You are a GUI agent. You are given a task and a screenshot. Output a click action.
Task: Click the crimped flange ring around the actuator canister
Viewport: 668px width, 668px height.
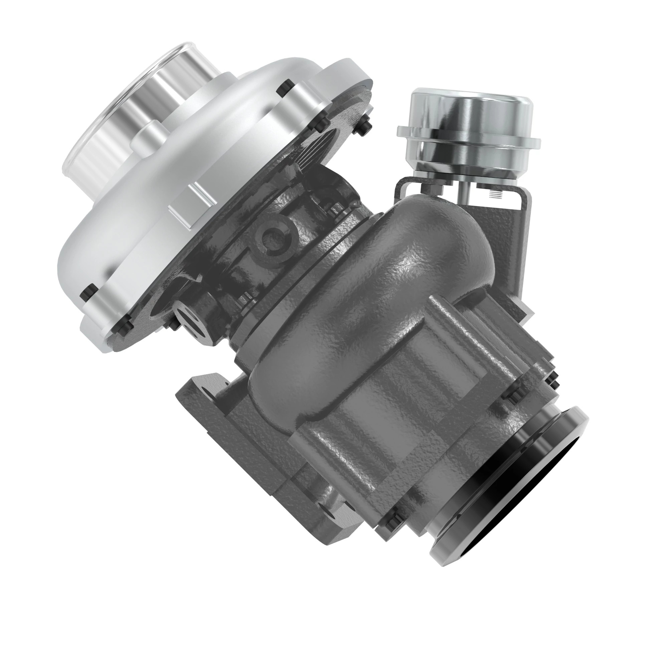(x=469, y=138)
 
